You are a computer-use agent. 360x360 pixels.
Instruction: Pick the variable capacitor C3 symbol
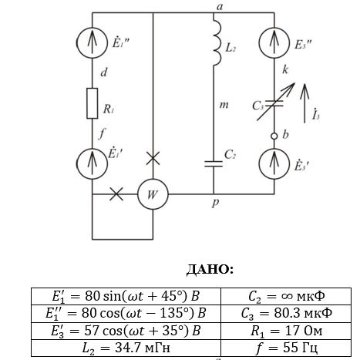[275, 103]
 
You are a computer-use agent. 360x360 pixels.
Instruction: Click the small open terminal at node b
[274, 136]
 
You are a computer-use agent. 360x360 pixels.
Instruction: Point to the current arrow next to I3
[304, 103]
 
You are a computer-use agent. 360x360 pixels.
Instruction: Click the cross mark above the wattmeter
[153, 158]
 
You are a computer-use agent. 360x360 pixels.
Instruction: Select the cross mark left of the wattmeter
[116, 194]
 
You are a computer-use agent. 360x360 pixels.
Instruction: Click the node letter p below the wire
[215, 203]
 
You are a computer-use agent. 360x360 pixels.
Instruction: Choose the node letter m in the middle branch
[224, 105]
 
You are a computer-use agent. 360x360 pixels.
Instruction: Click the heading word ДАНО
[210, 270]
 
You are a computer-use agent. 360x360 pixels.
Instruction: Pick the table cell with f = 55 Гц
[286, 348]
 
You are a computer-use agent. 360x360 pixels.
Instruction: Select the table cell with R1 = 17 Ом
[286, 331]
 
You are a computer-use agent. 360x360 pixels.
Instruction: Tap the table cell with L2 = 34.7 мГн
[126, 348]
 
